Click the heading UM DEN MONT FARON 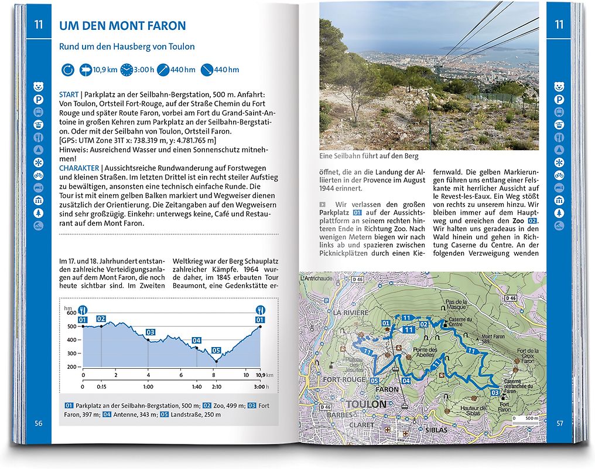[x=122, y=26]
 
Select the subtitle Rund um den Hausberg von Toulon [x=126, y=46]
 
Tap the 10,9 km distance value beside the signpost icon [x=105, y=70]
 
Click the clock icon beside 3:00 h [x=126, y=70]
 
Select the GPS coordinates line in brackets [x=138, y=141]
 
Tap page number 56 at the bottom [x=39, y=423]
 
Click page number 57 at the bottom [x=559, y=423]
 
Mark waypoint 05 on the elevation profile [x=216, y=351]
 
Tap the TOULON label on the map [x=366, y=405]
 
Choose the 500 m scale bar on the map [x=524, y=419]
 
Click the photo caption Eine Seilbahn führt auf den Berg [x=369, y=157]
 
